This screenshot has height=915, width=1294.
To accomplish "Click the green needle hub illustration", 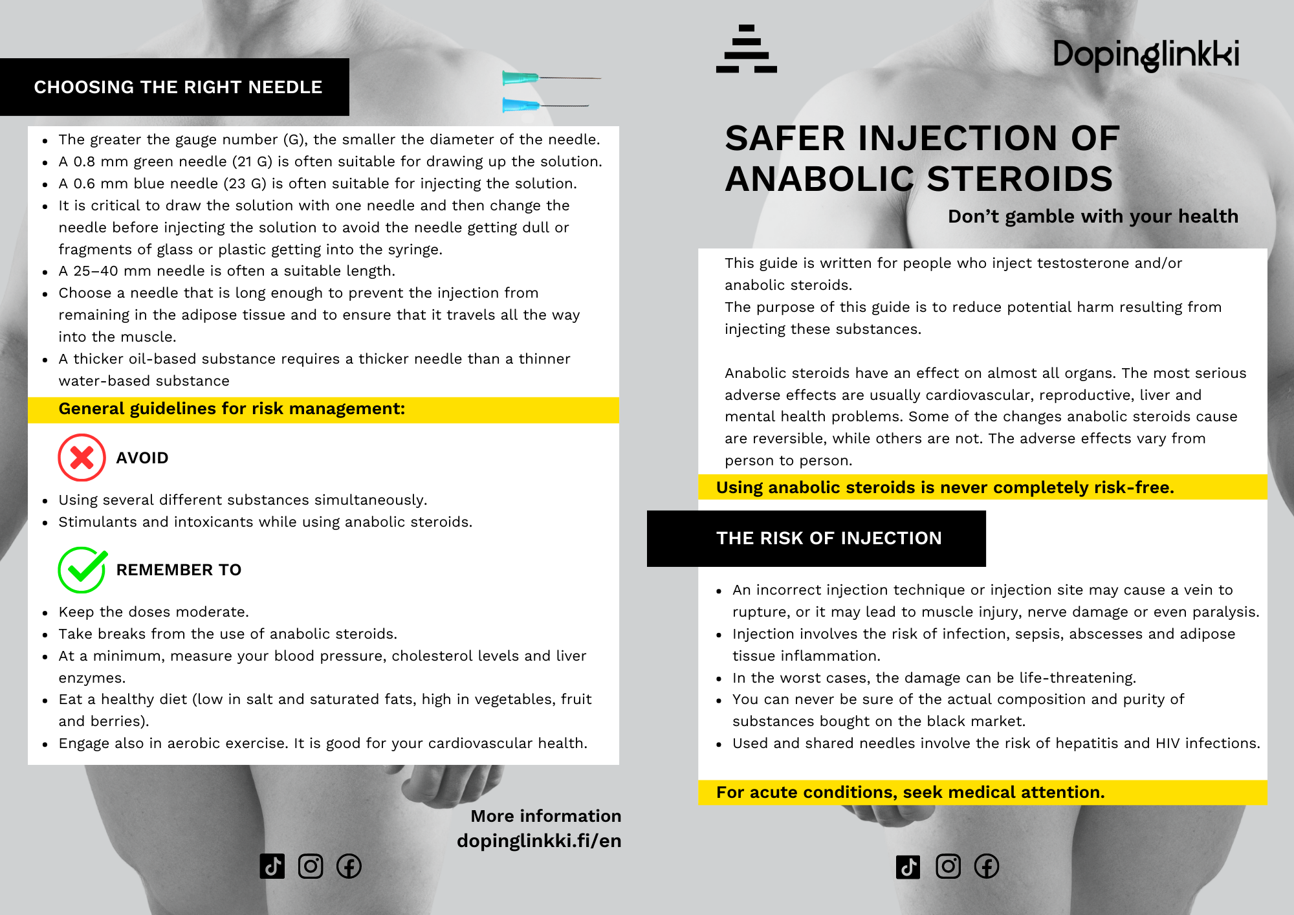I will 520,78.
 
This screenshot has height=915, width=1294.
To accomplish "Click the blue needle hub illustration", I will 520,105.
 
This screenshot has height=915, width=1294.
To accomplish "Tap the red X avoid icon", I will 82,457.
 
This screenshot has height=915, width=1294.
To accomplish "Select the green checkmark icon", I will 82,569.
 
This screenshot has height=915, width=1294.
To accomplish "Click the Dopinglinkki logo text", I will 1146,54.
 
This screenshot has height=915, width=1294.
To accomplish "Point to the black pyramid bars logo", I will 747,49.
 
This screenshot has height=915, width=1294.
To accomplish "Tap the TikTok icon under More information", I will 272,866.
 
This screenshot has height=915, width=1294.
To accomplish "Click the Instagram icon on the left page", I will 311,866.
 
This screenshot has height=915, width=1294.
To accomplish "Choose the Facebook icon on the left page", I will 349,866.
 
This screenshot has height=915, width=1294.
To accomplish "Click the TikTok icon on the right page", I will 908,866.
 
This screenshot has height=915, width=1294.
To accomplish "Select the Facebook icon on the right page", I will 987,866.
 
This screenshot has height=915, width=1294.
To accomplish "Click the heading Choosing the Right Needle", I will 178,87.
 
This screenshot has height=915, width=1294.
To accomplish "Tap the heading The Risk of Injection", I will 829,538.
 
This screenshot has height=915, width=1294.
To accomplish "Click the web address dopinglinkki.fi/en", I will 539,841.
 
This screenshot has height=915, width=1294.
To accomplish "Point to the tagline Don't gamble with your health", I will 1093,216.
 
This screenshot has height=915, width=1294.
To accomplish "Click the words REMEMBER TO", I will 179,570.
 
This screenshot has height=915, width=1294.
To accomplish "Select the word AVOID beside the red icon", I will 142,458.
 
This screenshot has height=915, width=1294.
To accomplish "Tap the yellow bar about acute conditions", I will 982,793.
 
